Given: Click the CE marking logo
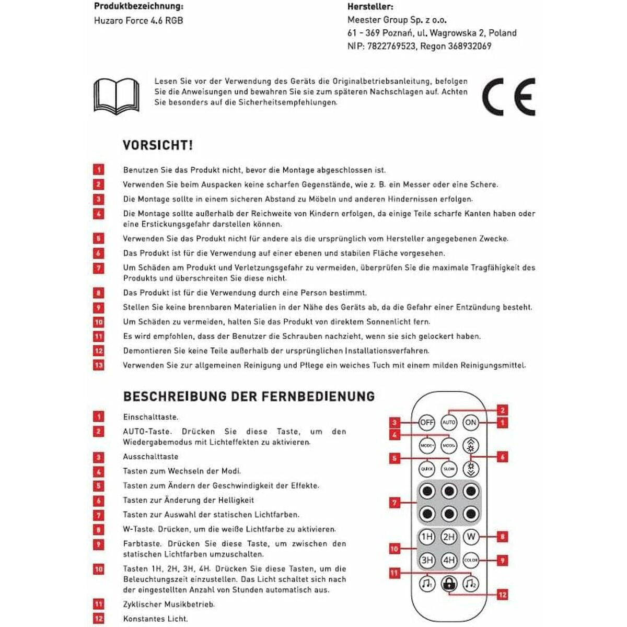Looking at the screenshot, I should coord(508,97).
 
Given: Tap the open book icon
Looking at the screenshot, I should coord(116,96).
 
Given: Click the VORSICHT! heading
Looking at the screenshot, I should coord(158,145).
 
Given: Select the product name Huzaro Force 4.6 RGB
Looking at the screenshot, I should coord(138,21).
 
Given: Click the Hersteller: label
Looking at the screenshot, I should coord(370,7).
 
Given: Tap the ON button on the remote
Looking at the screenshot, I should coord(471,422).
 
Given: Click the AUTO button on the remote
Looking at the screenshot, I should coord(449,422).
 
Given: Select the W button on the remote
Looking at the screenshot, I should coord(471,537).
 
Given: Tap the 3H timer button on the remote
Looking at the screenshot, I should coord(427,560).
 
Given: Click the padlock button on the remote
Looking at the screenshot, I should coord(449,583).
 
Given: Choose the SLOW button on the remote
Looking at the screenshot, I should coord(449,469).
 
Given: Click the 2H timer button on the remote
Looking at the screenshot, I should coord(449,537).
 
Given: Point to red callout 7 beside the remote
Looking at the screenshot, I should coord(395,503).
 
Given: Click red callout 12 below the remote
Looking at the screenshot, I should coord(502,595).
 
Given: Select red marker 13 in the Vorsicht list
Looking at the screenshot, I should coord(99,365).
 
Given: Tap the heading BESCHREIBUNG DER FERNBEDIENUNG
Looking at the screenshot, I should coord(249,396).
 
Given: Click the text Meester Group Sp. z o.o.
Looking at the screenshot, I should coord(397,20).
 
